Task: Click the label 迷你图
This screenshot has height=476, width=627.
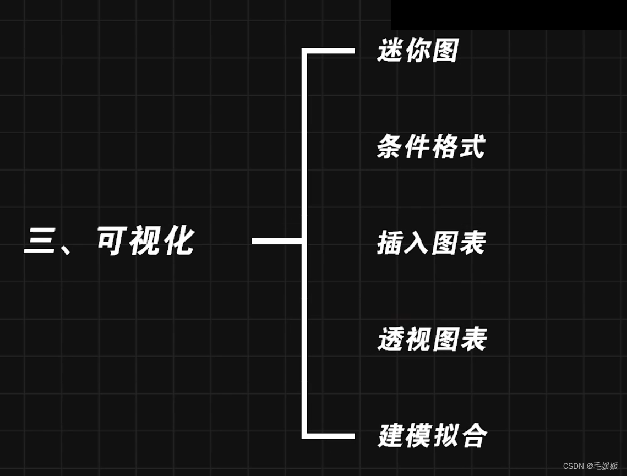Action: point(418,51)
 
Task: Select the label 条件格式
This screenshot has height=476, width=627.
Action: point(431,147)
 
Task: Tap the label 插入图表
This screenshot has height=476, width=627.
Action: point(431,243)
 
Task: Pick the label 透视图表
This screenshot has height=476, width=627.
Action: point(432,340)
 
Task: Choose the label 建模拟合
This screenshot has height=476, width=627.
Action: point(433,436)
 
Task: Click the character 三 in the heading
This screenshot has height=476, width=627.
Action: point(39,242)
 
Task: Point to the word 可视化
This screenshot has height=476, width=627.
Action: point(145,241)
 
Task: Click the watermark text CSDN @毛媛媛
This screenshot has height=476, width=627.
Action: point(590,466)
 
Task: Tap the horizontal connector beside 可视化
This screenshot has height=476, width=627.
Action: point(276,240)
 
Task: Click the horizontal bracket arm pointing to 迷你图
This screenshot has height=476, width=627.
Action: point(330,51)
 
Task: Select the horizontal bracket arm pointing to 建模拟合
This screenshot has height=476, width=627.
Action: point(330,436)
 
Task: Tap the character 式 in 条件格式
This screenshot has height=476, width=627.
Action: point(472,147)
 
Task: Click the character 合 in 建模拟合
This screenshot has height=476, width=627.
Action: point(474,436)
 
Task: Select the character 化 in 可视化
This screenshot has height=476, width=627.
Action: point(179,241)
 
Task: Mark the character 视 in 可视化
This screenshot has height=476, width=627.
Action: point(145,241)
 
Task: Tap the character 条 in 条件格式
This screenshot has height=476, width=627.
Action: point(390,147)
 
